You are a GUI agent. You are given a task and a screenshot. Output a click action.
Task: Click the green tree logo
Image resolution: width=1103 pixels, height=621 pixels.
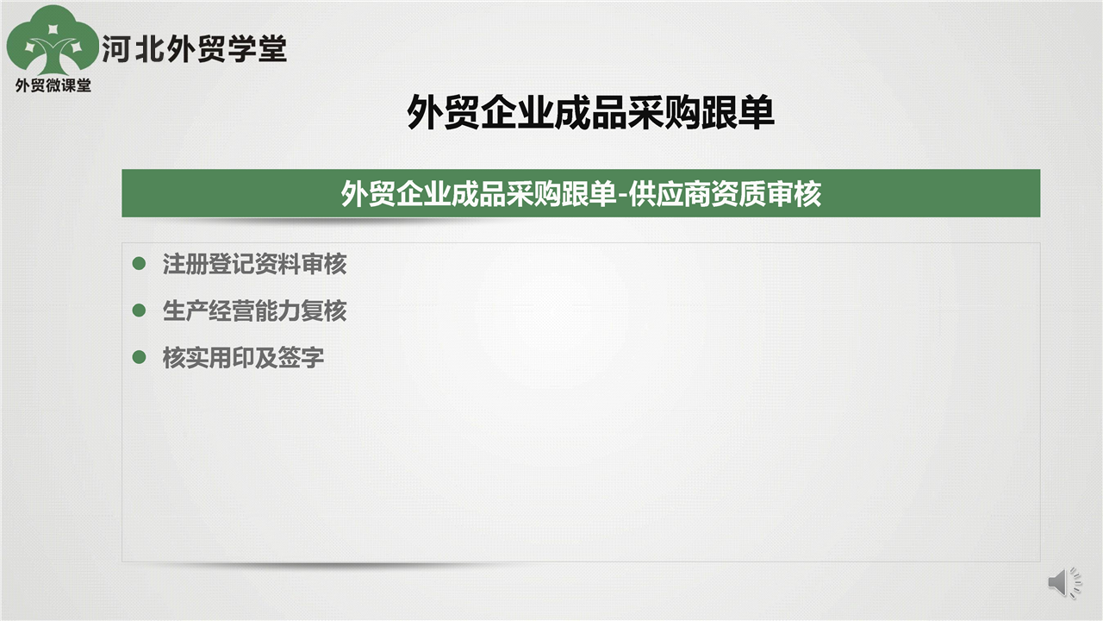[53, 41]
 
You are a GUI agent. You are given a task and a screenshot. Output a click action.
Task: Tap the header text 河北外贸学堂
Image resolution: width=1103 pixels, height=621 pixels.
[194, 49]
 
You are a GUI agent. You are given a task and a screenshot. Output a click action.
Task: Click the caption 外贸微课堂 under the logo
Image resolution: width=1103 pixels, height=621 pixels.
[53, 85]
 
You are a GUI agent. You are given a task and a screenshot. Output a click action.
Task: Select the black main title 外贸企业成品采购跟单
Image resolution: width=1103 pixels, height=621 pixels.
[590, 112]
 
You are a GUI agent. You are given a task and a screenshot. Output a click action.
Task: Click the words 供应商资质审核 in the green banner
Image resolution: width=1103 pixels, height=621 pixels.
[725, 194]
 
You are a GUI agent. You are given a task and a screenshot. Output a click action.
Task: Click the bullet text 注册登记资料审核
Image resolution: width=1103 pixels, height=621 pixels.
[254, 264]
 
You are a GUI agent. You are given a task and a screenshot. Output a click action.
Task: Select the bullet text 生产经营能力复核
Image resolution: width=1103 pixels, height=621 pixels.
[254, 310]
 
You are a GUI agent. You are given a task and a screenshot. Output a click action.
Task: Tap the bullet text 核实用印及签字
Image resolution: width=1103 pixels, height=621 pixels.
[243, 357]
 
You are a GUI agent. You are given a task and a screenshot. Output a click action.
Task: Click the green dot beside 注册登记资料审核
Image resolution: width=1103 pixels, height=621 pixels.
[140, 263]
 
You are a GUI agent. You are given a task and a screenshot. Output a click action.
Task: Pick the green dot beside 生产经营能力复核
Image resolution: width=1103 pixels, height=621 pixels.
[140, 310]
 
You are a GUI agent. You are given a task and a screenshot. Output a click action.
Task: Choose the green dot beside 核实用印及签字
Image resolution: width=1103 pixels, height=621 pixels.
[140, 357]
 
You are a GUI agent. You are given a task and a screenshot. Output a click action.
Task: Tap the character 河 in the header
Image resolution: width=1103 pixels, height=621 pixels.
[116, 49]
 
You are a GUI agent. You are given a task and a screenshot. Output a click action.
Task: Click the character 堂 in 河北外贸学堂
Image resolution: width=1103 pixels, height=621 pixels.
[272, 49]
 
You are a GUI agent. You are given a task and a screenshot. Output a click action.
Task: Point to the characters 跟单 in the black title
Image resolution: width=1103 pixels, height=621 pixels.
[738, 112]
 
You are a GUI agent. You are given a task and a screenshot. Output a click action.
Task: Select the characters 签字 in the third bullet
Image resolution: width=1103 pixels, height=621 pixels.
[301, 357]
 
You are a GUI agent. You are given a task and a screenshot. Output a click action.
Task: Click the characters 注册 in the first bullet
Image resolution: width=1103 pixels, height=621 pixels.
[185, 264]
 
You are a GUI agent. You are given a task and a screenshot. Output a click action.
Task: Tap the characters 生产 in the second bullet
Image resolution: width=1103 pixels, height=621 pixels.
[185, 310]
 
